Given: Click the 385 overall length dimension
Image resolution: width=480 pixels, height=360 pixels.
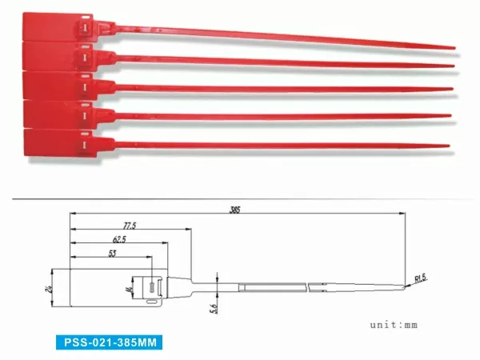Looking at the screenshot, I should [235, 210].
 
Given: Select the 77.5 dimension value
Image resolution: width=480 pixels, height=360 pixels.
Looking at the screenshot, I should [130, 226].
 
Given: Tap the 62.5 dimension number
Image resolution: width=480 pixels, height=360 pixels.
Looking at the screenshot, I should [120, 240].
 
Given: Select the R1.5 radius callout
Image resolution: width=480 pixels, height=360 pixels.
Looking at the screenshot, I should [421, 279].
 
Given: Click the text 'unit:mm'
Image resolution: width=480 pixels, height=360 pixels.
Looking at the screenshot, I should [394, 325].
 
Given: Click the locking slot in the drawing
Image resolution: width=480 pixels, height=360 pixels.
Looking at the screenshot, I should [151, 286].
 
